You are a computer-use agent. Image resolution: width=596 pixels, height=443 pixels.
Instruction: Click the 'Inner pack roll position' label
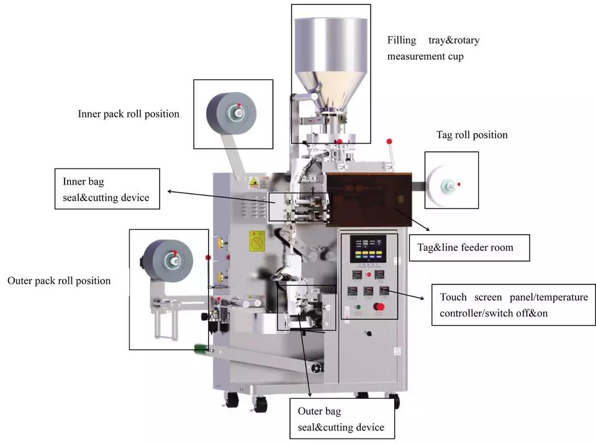[x=129, y=114]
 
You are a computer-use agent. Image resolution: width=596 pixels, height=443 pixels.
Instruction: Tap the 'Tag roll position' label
[x=472, y=135]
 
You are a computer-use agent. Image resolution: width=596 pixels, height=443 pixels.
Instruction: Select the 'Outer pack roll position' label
[x=59, y=281]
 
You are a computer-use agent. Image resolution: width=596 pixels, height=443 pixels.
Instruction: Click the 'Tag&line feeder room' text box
[x=469, y=247]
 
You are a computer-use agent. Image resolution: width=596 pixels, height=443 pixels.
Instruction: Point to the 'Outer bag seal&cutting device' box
[x=342, y=419]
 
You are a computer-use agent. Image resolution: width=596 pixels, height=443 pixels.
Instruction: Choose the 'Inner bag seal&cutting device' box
[x=107, y=189]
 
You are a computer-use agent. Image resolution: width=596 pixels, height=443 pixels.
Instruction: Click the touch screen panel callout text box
[x=513, y=305]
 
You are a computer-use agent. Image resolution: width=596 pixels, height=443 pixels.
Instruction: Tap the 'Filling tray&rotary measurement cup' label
[x=433, y=48]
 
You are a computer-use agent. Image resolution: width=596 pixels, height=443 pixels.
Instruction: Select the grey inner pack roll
[x=232, y=113]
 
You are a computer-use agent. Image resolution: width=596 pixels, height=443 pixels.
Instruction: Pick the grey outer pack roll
[x=168, y=260]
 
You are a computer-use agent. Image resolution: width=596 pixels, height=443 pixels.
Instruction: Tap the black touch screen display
[x=368, y=249]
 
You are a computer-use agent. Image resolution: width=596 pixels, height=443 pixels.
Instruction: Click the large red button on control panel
[x=379, y=306]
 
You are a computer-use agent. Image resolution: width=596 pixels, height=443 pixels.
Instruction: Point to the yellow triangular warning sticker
[x=253, y=182]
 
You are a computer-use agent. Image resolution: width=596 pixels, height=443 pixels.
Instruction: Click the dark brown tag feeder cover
[x=369, y=199]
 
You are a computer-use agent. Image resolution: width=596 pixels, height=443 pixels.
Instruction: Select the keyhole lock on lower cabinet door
[x=368, y=334]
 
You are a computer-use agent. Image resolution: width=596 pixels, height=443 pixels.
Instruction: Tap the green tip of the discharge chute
[x=200, y=349]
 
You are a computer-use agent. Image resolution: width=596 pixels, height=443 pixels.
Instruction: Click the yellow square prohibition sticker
[x=257, y=241]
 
